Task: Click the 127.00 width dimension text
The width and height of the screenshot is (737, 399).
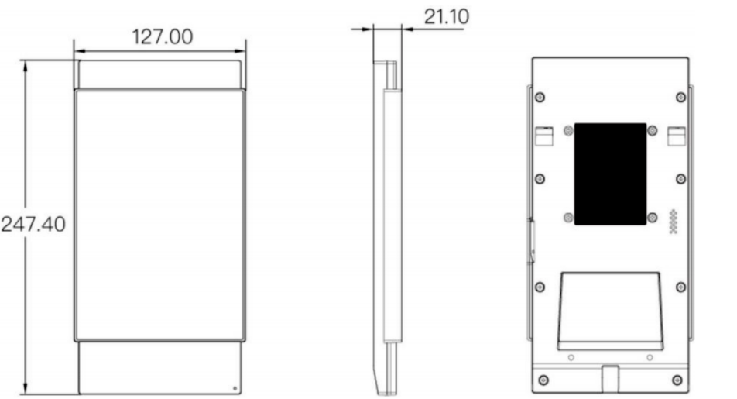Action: click(162, 36)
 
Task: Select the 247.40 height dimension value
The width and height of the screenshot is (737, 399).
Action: click(33, 224)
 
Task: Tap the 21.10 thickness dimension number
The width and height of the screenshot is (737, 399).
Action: click(447, 17)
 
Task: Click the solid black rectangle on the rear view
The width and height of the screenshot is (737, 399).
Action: click(610, 174)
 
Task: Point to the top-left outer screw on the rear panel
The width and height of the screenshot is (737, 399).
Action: click(540, 98)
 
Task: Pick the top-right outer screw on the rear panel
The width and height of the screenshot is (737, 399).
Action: click(680, 98)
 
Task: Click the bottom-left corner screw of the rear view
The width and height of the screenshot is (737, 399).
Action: click(543, 380)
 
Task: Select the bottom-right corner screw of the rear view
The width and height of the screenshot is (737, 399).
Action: click(677, 380)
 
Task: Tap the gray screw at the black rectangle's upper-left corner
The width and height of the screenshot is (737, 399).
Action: click(568, 130)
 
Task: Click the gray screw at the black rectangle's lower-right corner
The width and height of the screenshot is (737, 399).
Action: click(653, 218)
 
